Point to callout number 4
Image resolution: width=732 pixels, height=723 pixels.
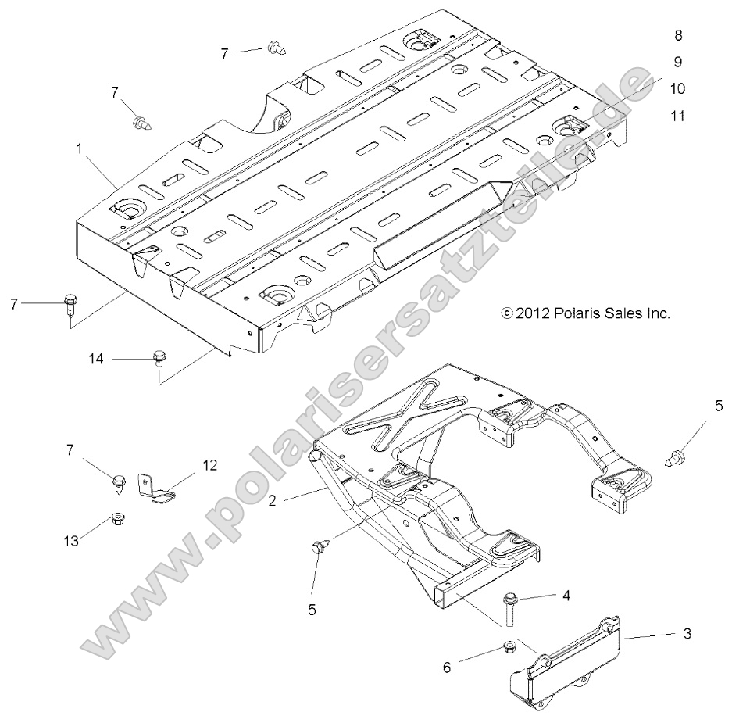coord(566,596)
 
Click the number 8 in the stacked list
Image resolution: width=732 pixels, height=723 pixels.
coord(677,35)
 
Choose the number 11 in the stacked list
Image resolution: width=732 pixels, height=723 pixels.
coord(677,116)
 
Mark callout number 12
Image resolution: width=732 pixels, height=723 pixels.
coord(209,466)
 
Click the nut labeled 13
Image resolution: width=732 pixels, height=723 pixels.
coord(120,518)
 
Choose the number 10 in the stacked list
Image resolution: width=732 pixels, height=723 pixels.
coord(677,89)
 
